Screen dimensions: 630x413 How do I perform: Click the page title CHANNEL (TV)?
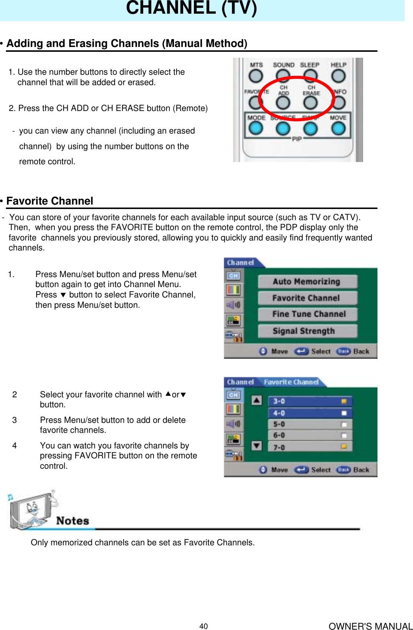click(191, 8)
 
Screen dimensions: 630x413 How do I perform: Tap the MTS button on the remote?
click(256, 76)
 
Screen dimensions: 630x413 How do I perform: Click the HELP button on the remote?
click(338, 76)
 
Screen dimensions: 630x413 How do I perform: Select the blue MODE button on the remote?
click(256, 128)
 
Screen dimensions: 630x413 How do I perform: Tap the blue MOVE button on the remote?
click(338, 128)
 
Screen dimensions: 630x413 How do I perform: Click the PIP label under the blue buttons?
click(297, 139)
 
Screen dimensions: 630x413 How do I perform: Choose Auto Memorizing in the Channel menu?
click(307, 282)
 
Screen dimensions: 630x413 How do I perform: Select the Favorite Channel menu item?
click(307, 298)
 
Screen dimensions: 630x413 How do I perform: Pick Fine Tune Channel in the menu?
click(307, 314)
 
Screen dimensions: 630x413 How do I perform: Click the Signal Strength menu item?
click(307, 331)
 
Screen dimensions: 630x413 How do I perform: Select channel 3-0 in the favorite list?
click(309, 401)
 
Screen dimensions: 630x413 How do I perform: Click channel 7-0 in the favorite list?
click(309, 447)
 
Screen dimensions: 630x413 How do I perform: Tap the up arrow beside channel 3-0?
click(256, 400)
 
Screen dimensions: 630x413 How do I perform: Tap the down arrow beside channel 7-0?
click(256, 445)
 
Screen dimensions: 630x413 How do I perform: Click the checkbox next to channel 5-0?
click(344, 424)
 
